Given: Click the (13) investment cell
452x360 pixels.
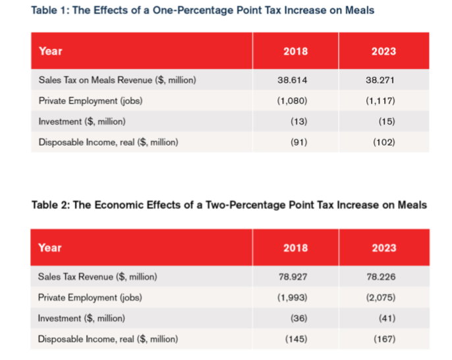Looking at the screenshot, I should pyautogui.click(x=299, y=121).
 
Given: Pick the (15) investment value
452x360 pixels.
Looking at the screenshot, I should pyautogui.click(x=387, y=121).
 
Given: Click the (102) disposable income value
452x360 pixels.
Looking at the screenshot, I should pyautogui.click(x=384, y=142).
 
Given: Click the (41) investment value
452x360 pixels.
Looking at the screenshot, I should pyautogui.click(x=387, y=318).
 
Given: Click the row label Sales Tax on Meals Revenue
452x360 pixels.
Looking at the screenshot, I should pyautogui.click(x=117, y=80).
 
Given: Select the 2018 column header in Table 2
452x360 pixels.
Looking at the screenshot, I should pyautogui.click(x=295, y=248).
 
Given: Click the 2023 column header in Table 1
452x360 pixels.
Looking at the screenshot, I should pyautogui.click(x=383, y=51).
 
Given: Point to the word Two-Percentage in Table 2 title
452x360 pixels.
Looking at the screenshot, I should pyautogui.click(x=246, y=205).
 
